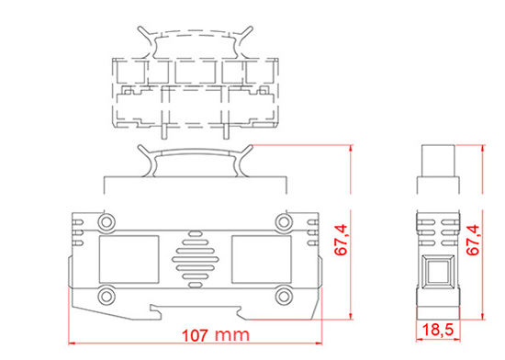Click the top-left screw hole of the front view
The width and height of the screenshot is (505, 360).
tap(107, 222)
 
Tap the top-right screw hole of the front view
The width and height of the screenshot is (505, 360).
tap(282, 222)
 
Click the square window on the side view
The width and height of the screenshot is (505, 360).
tap(438, 275)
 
